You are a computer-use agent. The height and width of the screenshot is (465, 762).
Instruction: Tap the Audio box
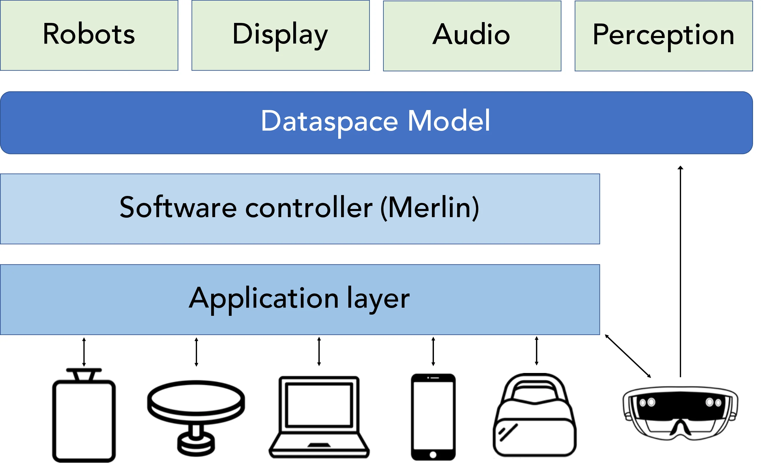pyautogui.click(x=472, y=36)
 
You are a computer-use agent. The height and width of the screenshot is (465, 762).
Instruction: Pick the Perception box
pyautogui.click(x=664, y=36)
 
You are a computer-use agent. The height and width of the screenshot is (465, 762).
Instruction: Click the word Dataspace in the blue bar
pyautogui.click(x=329, y=121)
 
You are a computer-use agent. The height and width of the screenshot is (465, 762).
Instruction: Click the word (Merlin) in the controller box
pyautogui.click(x=430, y=208)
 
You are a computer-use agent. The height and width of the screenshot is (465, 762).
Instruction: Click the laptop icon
pyautogui.click(x=319, y=417)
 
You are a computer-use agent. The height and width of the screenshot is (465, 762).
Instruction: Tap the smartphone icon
pyautogui.click(x=433, y=417)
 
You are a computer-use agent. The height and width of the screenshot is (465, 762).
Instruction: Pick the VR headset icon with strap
pyautogui.click(x=535, y=415)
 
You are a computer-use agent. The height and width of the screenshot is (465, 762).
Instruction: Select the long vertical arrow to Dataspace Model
pyautogui.click(x=680, y=272)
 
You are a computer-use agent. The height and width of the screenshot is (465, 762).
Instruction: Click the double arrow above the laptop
pyautogui.click(x=319, y=352)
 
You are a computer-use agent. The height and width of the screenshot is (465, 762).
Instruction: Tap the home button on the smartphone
pyautogui.click(x=433, y=455)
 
